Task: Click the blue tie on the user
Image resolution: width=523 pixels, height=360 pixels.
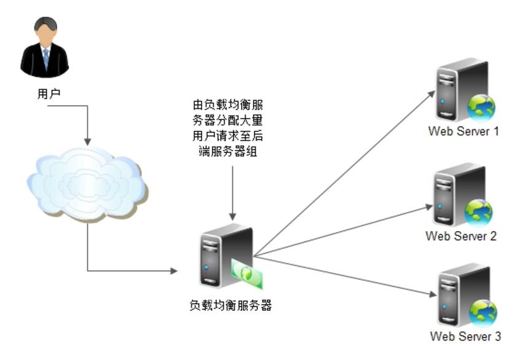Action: point(45,58)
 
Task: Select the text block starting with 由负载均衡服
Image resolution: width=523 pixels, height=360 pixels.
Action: point(232,129)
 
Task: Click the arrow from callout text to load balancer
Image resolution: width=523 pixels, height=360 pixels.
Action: point(232,190)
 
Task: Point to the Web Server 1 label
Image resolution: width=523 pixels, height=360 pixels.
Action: point(463,131)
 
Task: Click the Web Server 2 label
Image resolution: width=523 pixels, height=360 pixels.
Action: point(461,236)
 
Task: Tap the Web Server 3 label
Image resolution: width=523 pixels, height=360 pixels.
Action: point(465,336)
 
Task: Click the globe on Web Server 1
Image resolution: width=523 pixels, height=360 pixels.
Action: point(481,108)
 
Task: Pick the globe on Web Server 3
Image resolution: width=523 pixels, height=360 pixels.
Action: point(482,313)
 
